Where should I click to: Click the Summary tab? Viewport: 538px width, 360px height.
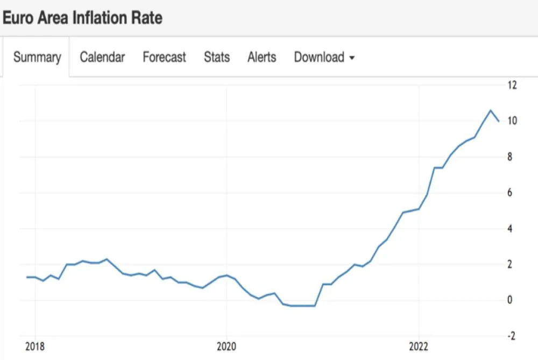(x=37, y=57)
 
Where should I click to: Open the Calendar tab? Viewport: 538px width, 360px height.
(x=102, y=57)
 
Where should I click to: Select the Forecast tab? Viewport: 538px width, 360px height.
(x=164, y=57)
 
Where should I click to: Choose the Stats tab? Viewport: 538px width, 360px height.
(x=217, y=57)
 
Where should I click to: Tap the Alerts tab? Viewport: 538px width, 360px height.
(x=261, y=57)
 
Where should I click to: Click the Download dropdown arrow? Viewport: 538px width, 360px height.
(x=352, y=58)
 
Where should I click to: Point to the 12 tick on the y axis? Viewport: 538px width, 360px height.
(x=512, y=85)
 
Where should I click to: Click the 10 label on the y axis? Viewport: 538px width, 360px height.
(x=512, y=121)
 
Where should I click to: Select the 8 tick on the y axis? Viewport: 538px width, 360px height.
(x=508, y=157)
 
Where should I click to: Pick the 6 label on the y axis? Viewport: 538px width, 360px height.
(x=508, y=193)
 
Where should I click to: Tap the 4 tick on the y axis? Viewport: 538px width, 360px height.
(x=508, y=229)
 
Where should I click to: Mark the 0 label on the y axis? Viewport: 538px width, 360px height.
(x=508, y=300)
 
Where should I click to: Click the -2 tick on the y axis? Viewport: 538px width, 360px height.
(x=510, y=336)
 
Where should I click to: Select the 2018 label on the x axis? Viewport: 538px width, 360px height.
(x=36, y=347)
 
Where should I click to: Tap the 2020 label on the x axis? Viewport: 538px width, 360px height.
(x=226, y=347)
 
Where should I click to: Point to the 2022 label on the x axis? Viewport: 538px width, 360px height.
(x=418, y=347)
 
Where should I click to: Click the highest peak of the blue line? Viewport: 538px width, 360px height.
(x=490, y=110)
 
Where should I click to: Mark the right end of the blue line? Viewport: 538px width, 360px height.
(x=499, y=121)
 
